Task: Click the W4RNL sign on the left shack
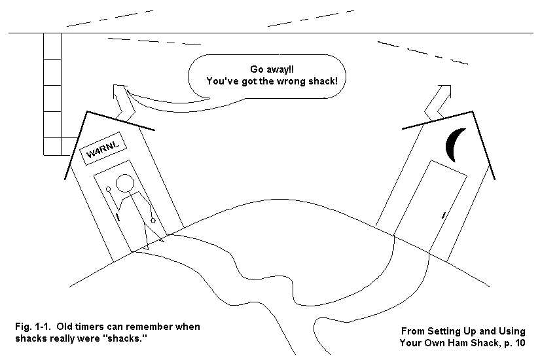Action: (102, 153)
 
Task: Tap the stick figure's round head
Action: (125, 184)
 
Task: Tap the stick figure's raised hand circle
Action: (109, 189)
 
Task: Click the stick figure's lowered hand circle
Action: (153, 221)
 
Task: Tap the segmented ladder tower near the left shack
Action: (52, 92)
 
